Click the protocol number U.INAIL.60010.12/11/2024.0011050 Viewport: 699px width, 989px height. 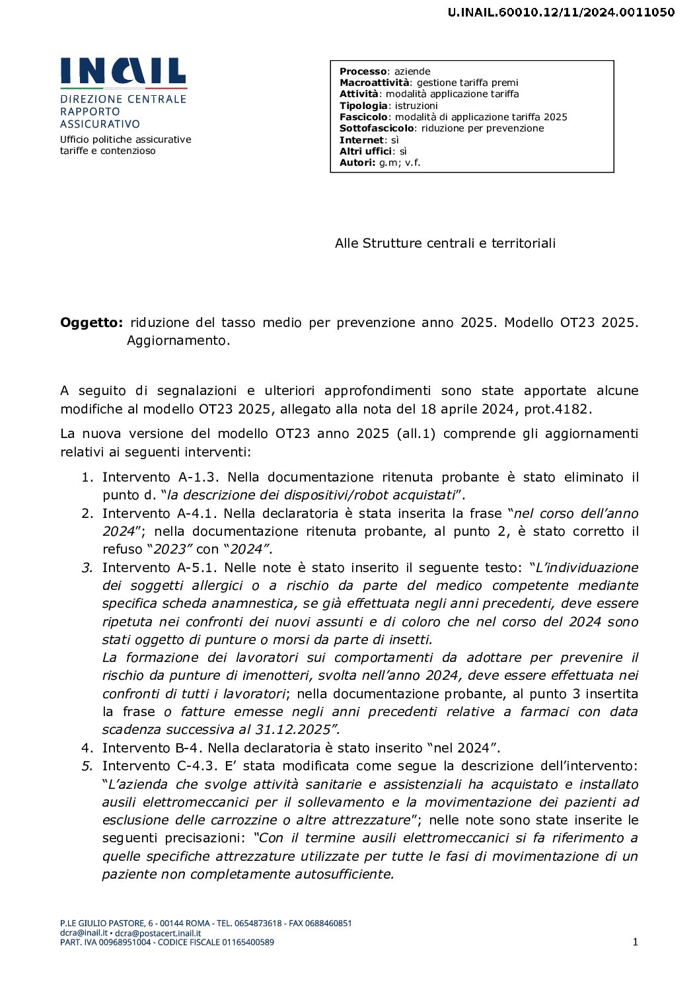pyautogui.click(x=561, y=12)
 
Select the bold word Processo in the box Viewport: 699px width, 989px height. pyautogui.click(x=363, y=71)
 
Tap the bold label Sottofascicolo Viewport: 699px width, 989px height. pyautogui.click(x=377, y=128)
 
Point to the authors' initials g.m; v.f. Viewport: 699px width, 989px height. pyautogui.click(x=400, y=163)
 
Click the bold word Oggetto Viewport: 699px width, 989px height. pyautogui.click(x=91, y=322)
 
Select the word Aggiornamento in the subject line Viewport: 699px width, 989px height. pyautogui.click(x=178, y=340)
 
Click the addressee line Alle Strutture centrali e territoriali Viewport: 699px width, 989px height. pyautogui.click(x=445, y=243)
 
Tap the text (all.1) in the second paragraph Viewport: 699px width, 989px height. pyautogui.click(x=416, y=433)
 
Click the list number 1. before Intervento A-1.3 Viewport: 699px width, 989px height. pyautogui.click(x=87, y=477)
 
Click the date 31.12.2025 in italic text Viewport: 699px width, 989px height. pyautogui.click(x=293, y=729)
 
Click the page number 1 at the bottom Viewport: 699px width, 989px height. pyautogui.click(x=635, y=942)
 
